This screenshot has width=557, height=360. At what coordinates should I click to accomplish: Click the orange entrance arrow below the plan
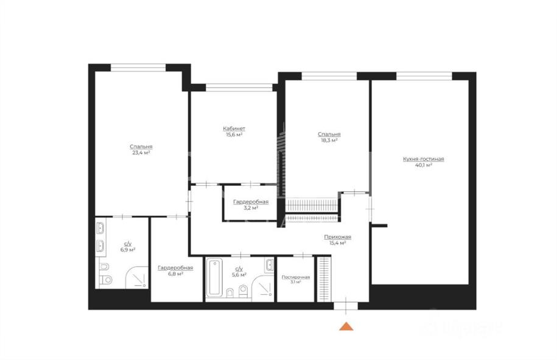pos(346,326)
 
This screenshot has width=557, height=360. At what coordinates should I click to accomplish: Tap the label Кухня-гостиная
pos(424,159)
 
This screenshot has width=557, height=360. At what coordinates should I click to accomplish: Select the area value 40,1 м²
pos(424,165)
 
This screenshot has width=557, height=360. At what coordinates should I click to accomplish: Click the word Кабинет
pos(234,129)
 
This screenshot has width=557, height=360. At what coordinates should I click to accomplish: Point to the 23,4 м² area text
pos(141,153)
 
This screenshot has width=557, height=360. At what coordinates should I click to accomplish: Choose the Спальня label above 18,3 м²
pos(329,135)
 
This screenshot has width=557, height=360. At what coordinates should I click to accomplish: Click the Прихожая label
pos(337,237)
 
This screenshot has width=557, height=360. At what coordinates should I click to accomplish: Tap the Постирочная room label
pos(296,277)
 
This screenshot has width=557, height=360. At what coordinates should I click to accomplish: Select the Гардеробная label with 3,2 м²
pos(251,202)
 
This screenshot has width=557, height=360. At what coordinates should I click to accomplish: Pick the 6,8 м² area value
pos(175,274)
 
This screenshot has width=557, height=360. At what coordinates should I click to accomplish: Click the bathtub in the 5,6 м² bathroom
pos(214,277)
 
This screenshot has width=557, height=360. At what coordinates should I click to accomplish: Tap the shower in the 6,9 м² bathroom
pos(137,278)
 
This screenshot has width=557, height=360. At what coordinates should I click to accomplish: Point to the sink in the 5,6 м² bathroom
pos(269,264)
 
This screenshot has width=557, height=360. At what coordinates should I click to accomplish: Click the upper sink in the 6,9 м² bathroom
pos(100,228)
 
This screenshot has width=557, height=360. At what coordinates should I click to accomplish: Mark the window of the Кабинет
pos(239,88)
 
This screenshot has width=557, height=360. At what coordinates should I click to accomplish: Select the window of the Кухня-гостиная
pos(424,76)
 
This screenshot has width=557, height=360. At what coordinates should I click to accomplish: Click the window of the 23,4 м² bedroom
pos(138,68)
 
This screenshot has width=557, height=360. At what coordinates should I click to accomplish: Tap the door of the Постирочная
pos(303,255)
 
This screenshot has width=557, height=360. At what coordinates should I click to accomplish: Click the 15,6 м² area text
pos(234,135)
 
